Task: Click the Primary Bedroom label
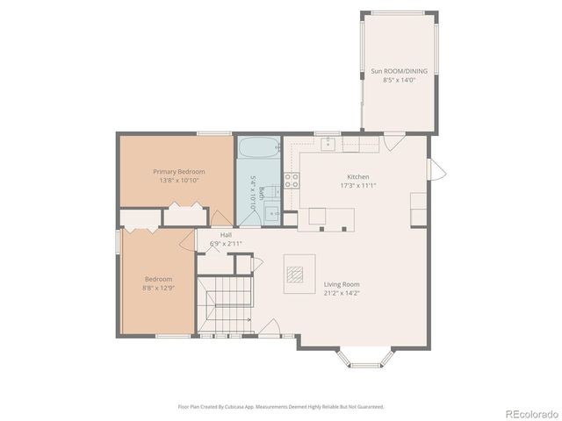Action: [178, 171]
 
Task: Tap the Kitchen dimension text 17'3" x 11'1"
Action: [357, 185]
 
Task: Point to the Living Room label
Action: [342, 284]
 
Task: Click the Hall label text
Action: [226, 235]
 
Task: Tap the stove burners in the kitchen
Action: [291, 182]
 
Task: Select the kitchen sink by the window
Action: [328, 145]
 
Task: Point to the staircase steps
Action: [224, 308]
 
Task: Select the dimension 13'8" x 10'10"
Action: [178, 181]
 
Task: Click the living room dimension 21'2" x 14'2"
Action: [342, 294]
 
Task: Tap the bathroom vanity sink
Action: [273, 212]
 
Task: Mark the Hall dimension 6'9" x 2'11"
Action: [226, 244]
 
